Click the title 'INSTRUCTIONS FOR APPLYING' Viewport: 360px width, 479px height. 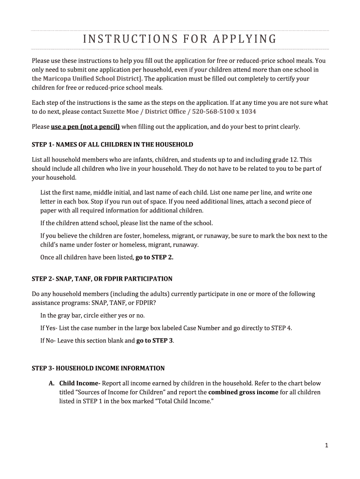[x=180, y=39]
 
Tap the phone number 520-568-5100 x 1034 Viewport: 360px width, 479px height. [x=225, y=112]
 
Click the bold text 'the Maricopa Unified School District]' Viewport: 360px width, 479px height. [x=87, y=79]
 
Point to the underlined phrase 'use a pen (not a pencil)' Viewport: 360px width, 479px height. [x=85, y=127]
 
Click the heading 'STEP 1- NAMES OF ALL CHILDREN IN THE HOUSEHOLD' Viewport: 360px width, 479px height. [x=112, y=145]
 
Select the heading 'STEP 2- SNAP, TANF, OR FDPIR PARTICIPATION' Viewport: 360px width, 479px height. [x=102, y=279]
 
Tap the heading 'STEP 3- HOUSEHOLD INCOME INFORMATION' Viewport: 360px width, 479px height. [x=98, y=368]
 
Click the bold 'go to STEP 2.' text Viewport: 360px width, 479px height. [x=154, y=257]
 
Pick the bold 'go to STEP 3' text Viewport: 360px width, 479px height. [x=155, y=341]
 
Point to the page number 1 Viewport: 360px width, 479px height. [x=327, y=446]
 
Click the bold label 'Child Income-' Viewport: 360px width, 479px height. [x=80, y=383]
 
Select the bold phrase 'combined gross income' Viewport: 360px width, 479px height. [x=243, y=392]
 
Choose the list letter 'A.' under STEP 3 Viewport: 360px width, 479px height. [x=52, y=383]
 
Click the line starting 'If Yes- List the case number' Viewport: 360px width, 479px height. [x=166, y=328]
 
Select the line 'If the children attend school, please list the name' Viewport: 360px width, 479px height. [x=126, y=223]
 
